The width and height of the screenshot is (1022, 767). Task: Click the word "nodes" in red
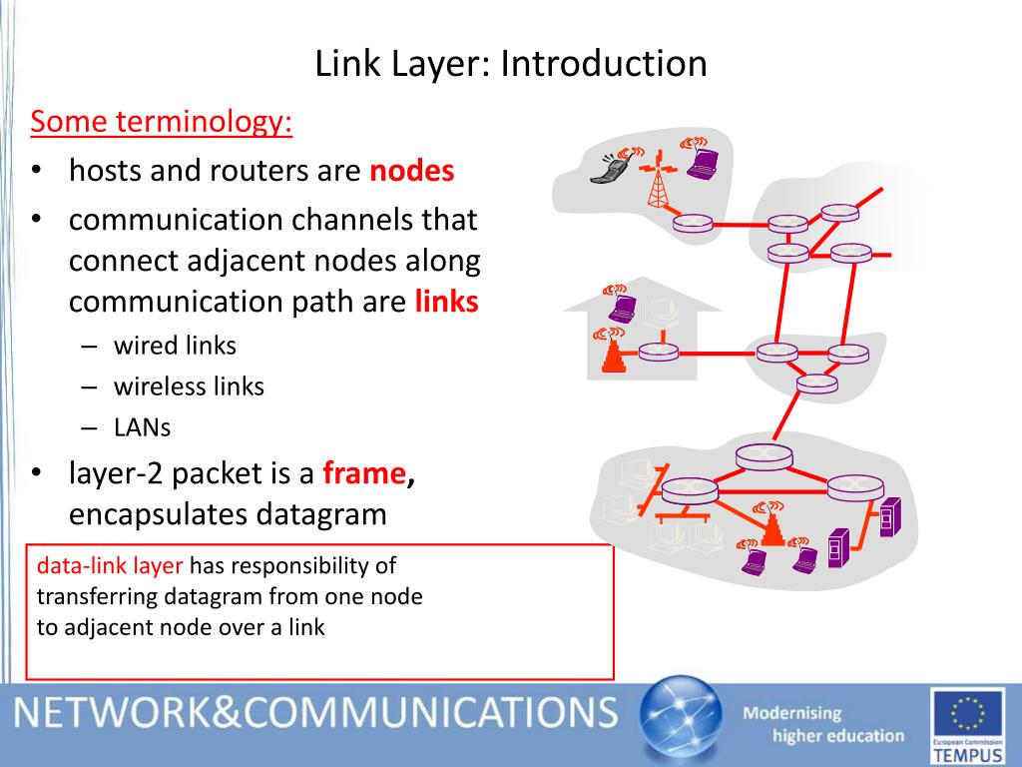coord(411,172)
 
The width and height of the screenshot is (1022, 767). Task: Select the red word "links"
coord(446,302)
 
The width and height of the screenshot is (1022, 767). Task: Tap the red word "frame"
coord(364,473)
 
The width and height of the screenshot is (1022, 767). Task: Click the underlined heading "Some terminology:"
coord(162,123)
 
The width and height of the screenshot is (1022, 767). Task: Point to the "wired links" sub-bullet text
coord(175,346)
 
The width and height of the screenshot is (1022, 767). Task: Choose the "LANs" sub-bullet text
coord(142,427)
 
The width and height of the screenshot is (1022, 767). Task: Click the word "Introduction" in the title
coord(604,64)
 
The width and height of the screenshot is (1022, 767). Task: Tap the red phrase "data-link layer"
coord(110,566)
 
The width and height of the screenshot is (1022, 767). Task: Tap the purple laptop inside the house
coord(623,307)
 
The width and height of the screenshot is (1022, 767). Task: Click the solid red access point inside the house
coord(613,356)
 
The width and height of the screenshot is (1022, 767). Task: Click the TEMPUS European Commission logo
coord(965,725)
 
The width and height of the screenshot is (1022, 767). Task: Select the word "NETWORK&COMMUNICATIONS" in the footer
coord(315,714)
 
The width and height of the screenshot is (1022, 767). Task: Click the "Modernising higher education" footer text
coord(823,725)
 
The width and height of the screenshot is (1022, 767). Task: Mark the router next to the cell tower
coord(692,224)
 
